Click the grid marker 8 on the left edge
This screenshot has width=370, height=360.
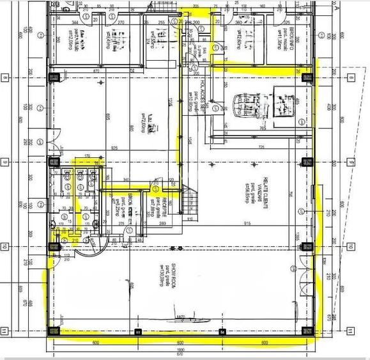[x=5, y=78]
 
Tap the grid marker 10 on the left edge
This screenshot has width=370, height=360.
[x=5, y=247]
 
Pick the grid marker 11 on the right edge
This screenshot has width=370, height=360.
[x=351, y=331]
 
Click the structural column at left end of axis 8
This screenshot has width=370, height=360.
[x=54, y=78]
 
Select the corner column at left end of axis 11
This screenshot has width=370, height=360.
[x=54, y=331]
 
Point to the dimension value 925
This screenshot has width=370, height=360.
[x=113, y=148]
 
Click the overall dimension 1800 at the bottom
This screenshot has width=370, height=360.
[x=181, y=350]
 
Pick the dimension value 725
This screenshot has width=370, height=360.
[x=260, y=148]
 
